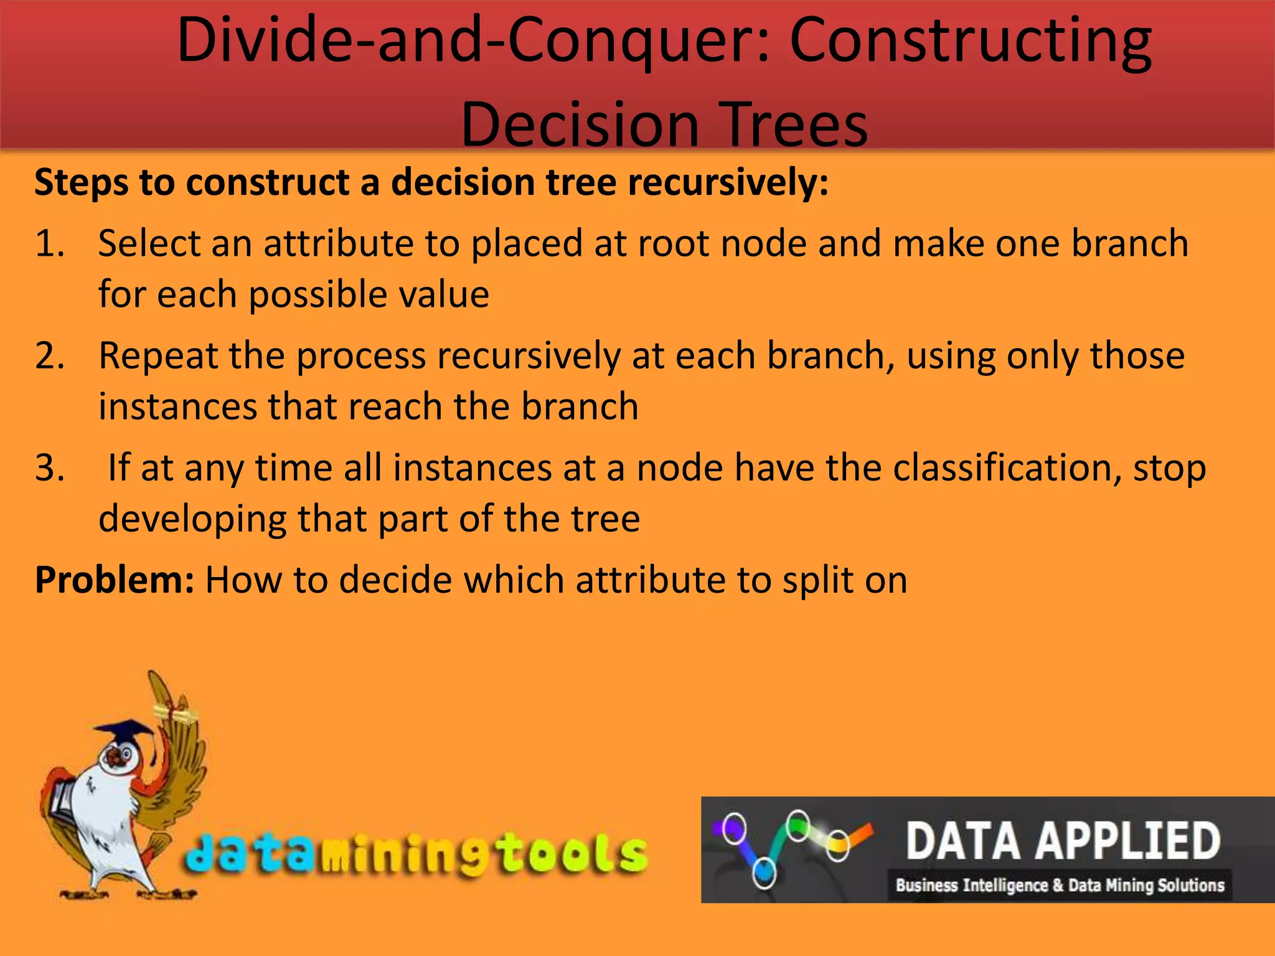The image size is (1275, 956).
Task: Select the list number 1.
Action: [x=50, y=243]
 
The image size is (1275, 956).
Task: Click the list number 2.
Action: [x=50, y=357]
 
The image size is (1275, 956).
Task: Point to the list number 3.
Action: [x=50, y=469]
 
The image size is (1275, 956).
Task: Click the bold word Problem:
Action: [x=115, y=580]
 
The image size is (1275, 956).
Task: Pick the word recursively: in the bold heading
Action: [x=727, y=183]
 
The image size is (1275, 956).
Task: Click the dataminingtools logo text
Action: [x=416, y=854]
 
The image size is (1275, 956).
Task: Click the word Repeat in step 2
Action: [x=158, y=357]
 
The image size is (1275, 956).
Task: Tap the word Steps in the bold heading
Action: [x=82, y=183]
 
